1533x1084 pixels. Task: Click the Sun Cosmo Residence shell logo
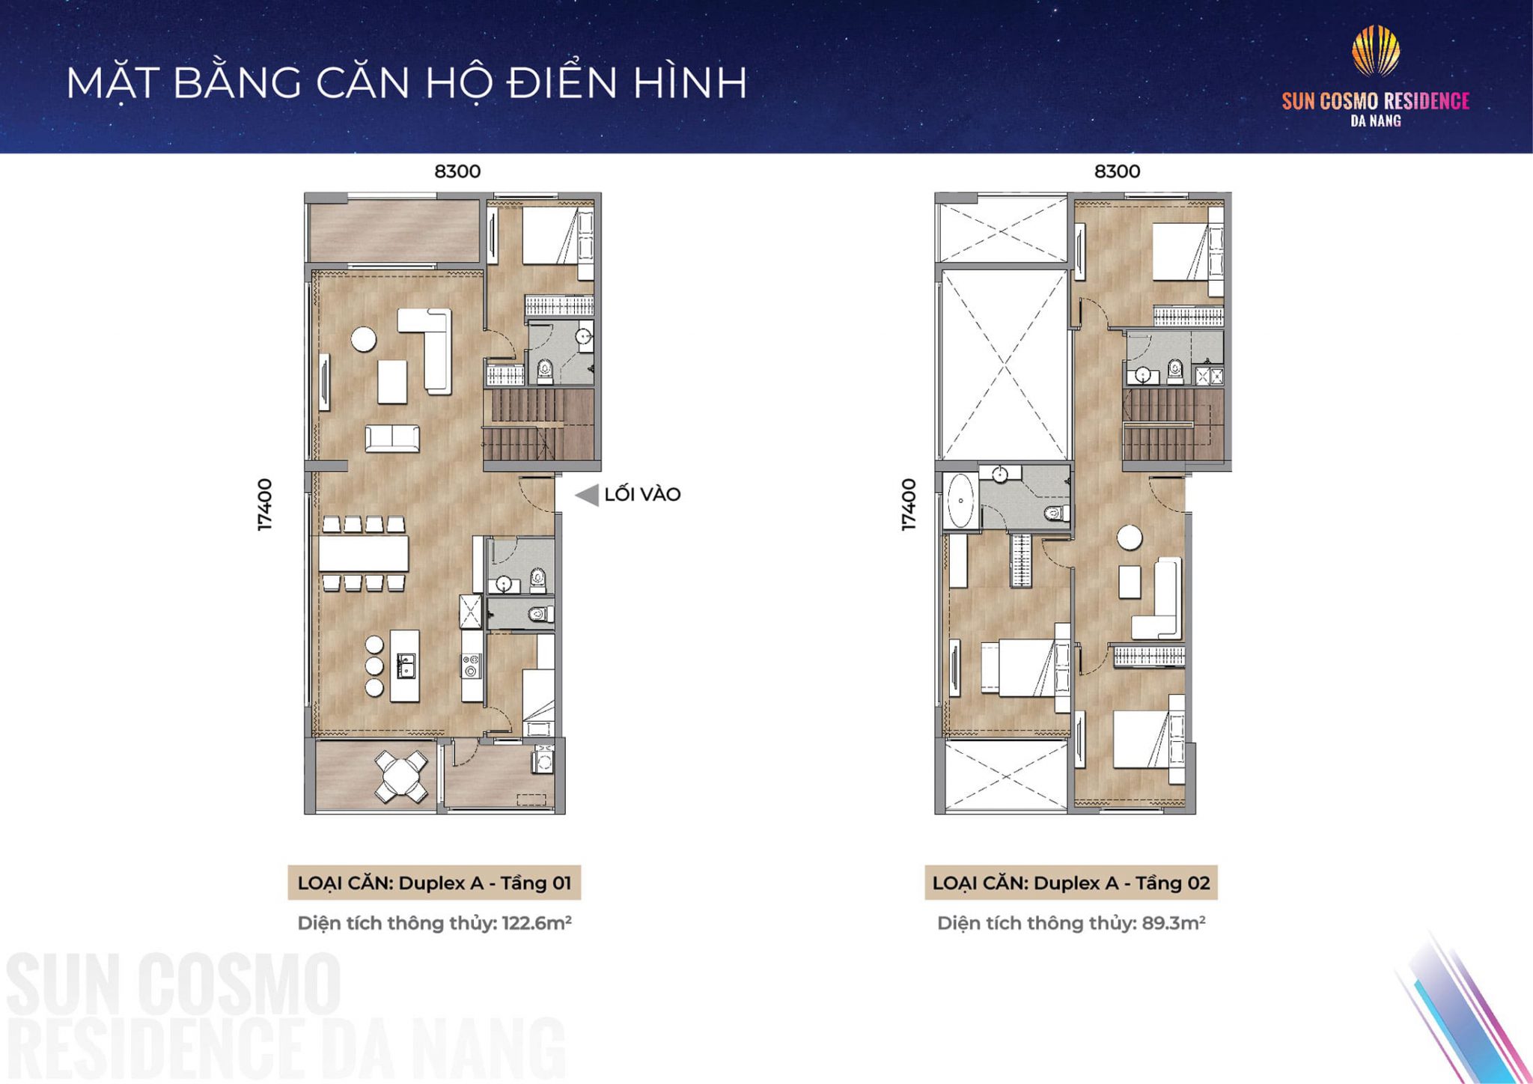coord(1375,51)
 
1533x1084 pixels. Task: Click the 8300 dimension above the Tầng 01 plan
coord(457,171)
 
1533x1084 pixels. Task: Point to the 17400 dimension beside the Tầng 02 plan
coord(908,505)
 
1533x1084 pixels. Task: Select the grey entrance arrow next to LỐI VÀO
coord(588,495)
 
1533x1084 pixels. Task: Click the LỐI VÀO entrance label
coord(642,495)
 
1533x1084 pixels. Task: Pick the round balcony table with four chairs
coord(401,775)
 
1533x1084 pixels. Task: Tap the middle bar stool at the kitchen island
coord(374,666)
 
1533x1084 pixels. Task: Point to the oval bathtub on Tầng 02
coord(960,501)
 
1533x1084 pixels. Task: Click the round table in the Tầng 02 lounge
coord(1129,538)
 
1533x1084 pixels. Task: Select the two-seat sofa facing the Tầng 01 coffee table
coord(392,438)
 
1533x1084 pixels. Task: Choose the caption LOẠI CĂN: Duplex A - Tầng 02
coord(1071,883)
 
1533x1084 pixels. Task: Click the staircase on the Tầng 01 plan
coord(539,424)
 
